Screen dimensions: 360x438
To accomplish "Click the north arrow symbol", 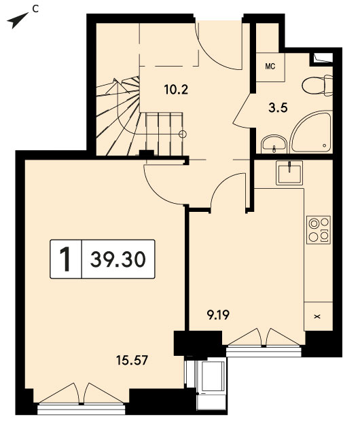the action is [17, 20].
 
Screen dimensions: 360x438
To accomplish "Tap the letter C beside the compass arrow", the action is [35, 9].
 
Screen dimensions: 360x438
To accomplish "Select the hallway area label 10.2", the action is [176, 90].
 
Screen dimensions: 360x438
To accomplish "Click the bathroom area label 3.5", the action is [278, 107].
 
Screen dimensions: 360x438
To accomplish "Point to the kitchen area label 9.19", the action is [218, 315].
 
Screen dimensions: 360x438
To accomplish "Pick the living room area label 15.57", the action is [132, 360].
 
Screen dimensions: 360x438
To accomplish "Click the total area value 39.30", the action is [118, 259].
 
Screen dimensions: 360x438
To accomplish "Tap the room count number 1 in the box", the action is [66, 259].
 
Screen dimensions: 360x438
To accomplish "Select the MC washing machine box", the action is [270, 67].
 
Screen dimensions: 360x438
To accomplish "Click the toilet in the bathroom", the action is [317, 85].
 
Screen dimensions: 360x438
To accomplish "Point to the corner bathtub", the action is [312, 132].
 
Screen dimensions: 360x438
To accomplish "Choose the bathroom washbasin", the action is [274, 144].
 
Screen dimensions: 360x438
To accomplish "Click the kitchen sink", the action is [289, 172].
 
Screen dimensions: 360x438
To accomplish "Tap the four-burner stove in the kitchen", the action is [319, 230].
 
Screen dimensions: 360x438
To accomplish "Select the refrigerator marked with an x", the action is [318, 316].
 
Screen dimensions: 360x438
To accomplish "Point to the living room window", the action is [82, 409].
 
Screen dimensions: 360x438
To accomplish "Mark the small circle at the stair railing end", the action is [183, 134].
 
